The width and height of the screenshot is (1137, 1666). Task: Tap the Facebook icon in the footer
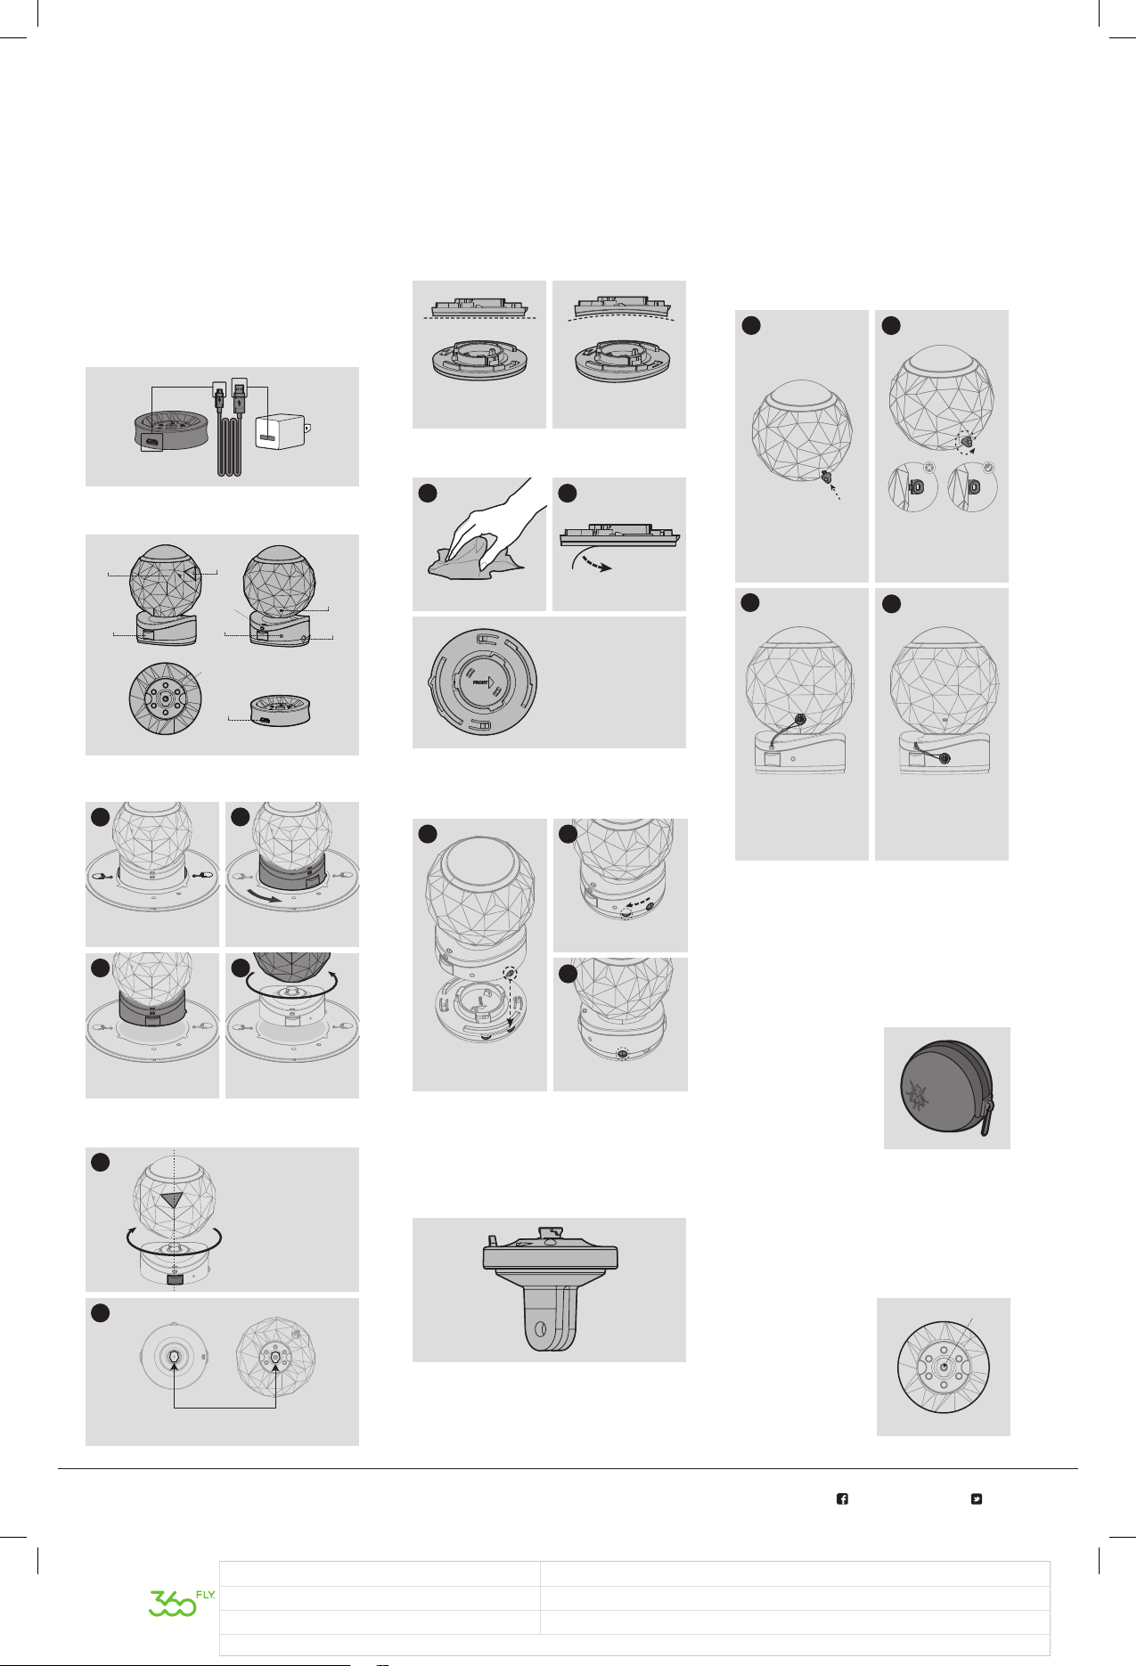pos(842,1499)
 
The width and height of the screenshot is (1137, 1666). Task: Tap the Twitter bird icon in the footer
pos(977,1499)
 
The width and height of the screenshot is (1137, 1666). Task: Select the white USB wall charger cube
pos(281,431)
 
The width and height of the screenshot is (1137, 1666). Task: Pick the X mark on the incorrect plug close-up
pos(929,467)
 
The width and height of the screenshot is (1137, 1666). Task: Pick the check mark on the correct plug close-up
pos(988,467)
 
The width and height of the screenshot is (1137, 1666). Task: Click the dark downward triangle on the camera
pos(173,1199)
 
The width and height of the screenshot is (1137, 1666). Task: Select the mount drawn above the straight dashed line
pos(479,306)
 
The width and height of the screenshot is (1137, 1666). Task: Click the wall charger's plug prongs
pos(308,429)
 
